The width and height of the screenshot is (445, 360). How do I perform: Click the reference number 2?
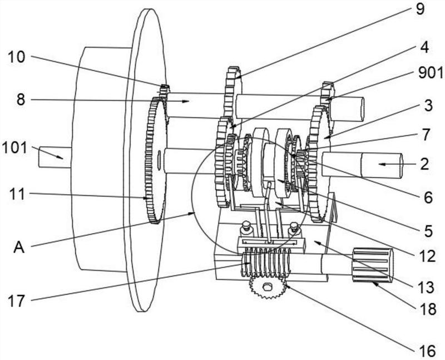(x=424, y=164)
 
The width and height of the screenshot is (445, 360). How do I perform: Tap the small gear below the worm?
(x=266, y=288)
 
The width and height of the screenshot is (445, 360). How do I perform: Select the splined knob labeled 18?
(x=372, y=267)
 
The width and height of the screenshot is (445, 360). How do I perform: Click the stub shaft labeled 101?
(x=53, y=158)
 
